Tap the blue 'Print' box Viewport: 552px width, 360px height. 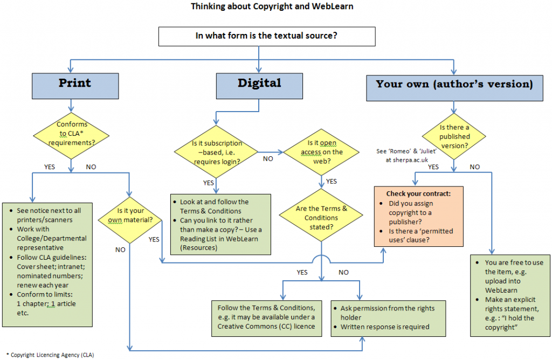74,84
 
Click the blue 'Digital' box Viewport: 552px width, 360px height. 259,84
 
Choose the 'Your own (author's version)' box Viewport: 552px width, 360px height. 454,85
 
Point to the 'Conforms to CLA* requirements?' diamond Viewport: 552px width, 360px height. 72,134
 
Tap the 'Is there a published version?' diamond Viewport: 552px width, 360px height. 454,135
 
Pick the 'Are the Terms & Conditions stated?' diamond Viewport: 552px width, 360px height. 321,218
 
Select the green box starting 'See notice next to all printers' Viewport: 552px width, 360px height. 47,263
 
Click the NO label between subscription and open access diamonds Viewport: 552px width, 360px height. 267,159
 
